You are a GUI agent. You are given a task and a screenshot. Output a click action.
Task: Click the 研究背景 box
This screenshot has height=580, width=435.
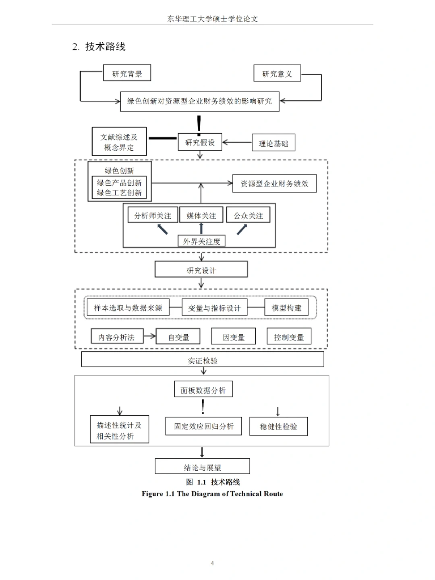point(127,73)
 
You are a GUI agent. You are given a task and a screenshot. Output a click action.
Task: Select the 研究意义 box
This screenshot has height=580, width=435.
point(277,74)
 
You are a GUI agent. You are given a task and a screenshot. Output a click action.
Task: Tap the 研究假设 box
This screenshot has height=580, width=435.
point(200,142)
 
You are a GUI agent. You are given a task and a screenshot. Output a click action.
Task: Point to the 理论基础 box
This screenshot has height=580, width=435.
point(273,143)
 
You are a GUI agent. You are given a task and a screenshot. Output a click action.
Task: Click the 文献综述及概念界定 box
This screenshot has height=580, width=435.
point(119,142)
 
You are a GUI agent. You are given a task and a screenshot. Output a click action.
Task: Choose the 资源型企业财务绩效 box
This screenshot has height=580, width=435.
point(274,184)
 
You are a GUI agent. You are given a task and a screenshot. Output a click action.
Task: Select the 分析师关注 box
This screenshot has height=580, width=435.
point(153,215)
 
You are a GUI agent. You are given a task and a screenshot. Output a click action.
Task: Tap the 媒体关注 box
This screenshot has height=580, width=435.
point(201,215)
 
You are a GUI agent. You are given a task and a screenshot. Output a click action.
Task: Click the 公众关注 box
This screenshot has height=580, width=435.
point(248,215)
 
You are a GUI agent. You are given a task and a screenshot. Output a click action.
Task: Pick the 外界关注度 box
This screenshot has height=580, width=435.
point(201,241)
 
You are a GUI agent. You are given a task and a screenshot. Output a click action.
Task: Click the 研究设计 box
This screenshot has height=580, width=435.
point(201,270)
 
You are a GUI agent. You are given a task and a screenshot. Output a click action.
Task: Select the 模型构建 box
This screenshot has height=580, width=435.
point(286,308)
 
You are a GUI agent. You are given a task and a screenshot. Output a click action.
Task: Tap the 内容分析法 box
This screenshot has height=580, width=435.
point(117,337)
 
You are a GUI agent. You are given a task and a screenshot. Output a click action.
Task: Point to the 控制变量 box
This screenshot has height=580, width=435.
point(289,337)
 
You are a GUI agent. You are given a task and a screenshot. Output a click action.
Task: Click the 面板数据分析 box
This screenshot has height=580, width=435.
point(203,390)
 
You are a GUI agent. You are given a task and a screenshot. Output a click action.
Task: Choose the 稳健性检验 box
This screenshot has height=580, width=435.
point(278,427)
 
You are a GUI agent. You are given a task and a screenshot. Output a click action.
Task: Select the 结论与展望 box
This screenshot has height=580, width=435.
point(202,467)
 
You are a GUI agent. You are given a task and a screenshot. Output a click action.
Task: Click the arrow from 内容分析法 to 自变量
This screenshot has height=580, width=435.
point(149,336)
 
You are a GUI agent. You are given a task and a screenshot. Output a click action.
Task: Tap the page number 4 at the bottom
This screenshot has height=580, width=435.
point(212,563)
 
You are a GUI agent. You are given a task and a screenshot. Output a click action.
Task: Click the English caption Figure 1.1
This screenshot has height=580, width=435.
point(212,494)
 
